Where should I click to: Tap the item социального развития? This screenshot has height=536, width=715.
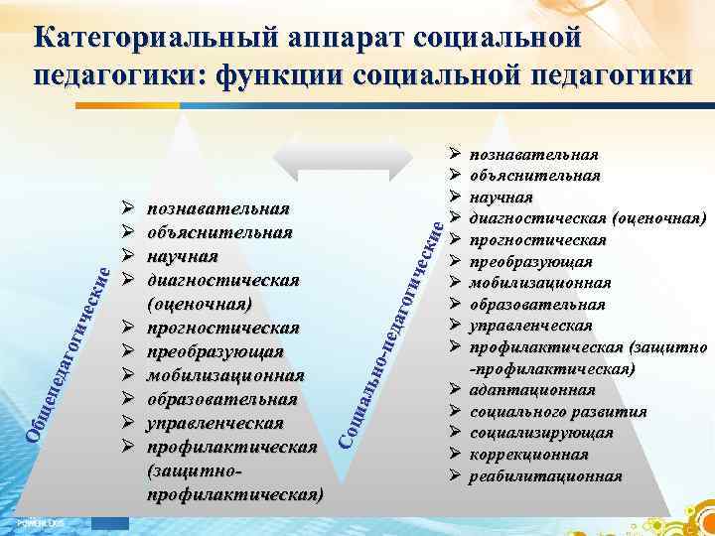[x=558, y=411]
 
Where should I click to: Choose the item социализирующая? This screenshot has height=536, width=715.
[x=541, y=433]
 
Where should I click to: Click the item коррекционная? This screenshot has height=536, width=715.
[x=528, y=454]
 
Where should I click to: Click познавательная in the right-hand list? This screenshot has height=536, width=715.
[x=533, y=155]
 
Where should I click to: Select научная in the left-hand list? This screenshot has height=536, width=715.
[x=182, y=256]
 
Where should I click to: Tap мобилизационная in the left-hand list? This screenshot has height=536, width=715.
[x=224, y=375]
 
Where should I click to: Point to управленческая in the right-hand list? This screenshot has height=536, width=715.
[x=531, y=326]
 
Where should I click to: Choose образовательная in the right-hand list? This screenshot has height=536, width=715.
[x=537, y=304]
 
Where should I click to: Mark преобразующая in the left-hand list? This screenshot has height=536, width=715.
[x=214, y=351]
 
